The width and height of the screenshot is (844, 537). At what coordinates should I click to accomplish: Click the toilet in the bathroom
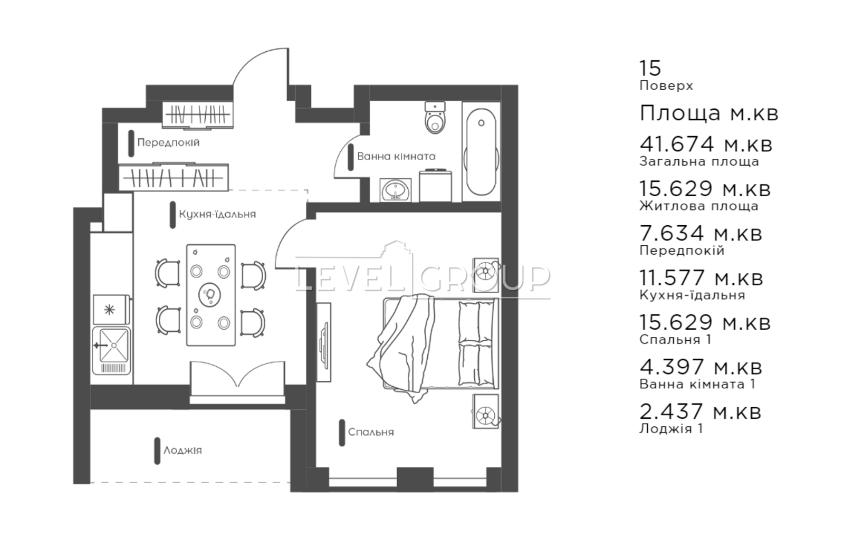(x=435, y=117)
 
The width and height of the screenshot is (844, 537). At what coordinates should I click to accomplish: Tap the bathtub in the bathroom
(x=481, y=152)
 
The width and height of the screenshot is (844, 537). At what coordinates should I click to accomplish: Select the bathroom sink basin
(x=396, y=190)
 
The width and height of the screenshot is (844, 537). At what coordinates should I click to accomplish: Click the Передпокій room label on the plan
(x=168, y=142)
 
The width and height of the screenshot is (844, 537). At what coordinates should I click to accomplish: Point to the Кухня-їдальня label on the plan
(x=217, y=214)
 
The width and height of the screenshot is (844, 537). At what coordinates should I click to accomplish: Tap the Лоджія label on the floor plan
(x=183, y=450)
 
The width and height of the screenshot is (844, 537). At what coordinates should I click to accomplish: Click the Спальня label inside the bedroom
(x=371, y=432)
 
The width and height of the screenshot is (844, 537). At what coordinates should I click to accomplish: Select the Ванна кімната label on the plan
(x=396, y=156)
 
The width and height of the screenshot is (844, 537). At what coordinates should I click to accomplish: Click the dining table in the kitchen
(x=211, y=295)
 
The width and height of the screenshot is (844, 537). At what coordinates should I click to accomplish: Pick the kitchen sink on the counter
(x=111, y=350)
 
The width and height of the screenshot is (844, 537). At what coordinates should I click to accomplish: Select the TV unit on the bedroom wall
(x=324, y=342)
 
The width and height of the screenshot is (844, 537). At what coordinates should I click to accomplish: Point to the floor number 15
(x=650, y=68)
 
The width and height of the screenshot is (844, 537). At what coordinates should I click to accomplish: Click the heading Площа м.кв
(x=709, y=113)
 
